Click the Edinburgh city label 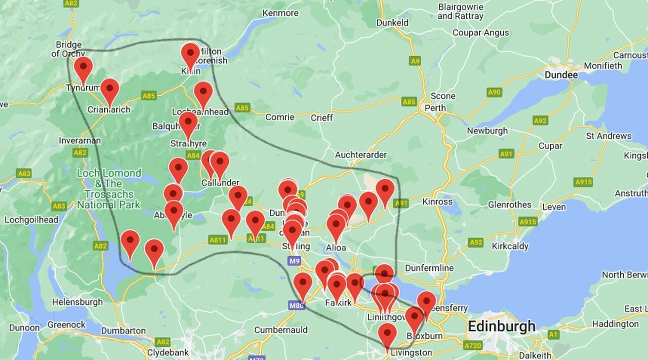[x=501, y=326]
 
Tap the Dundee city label [x=561, y=75]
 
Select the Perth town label [x=435, y=108]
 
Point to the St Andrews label [x=609, y=136]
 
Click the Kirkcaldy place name [x=510, y=246]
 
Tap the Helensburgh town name [x=77, y=302]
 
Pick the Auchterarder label [x=360, y=154]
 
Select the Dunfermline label [x=429, y=267]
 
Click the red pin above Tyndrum [x=83, y=68]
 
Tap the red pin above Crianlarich [x=109, y=90]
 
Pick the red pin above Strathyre [x=188, y=124]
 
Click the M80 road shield [x=297, y=305]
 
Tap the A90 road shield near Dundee [x=494, y=92]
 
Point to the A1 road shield [x=553, y=334]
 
